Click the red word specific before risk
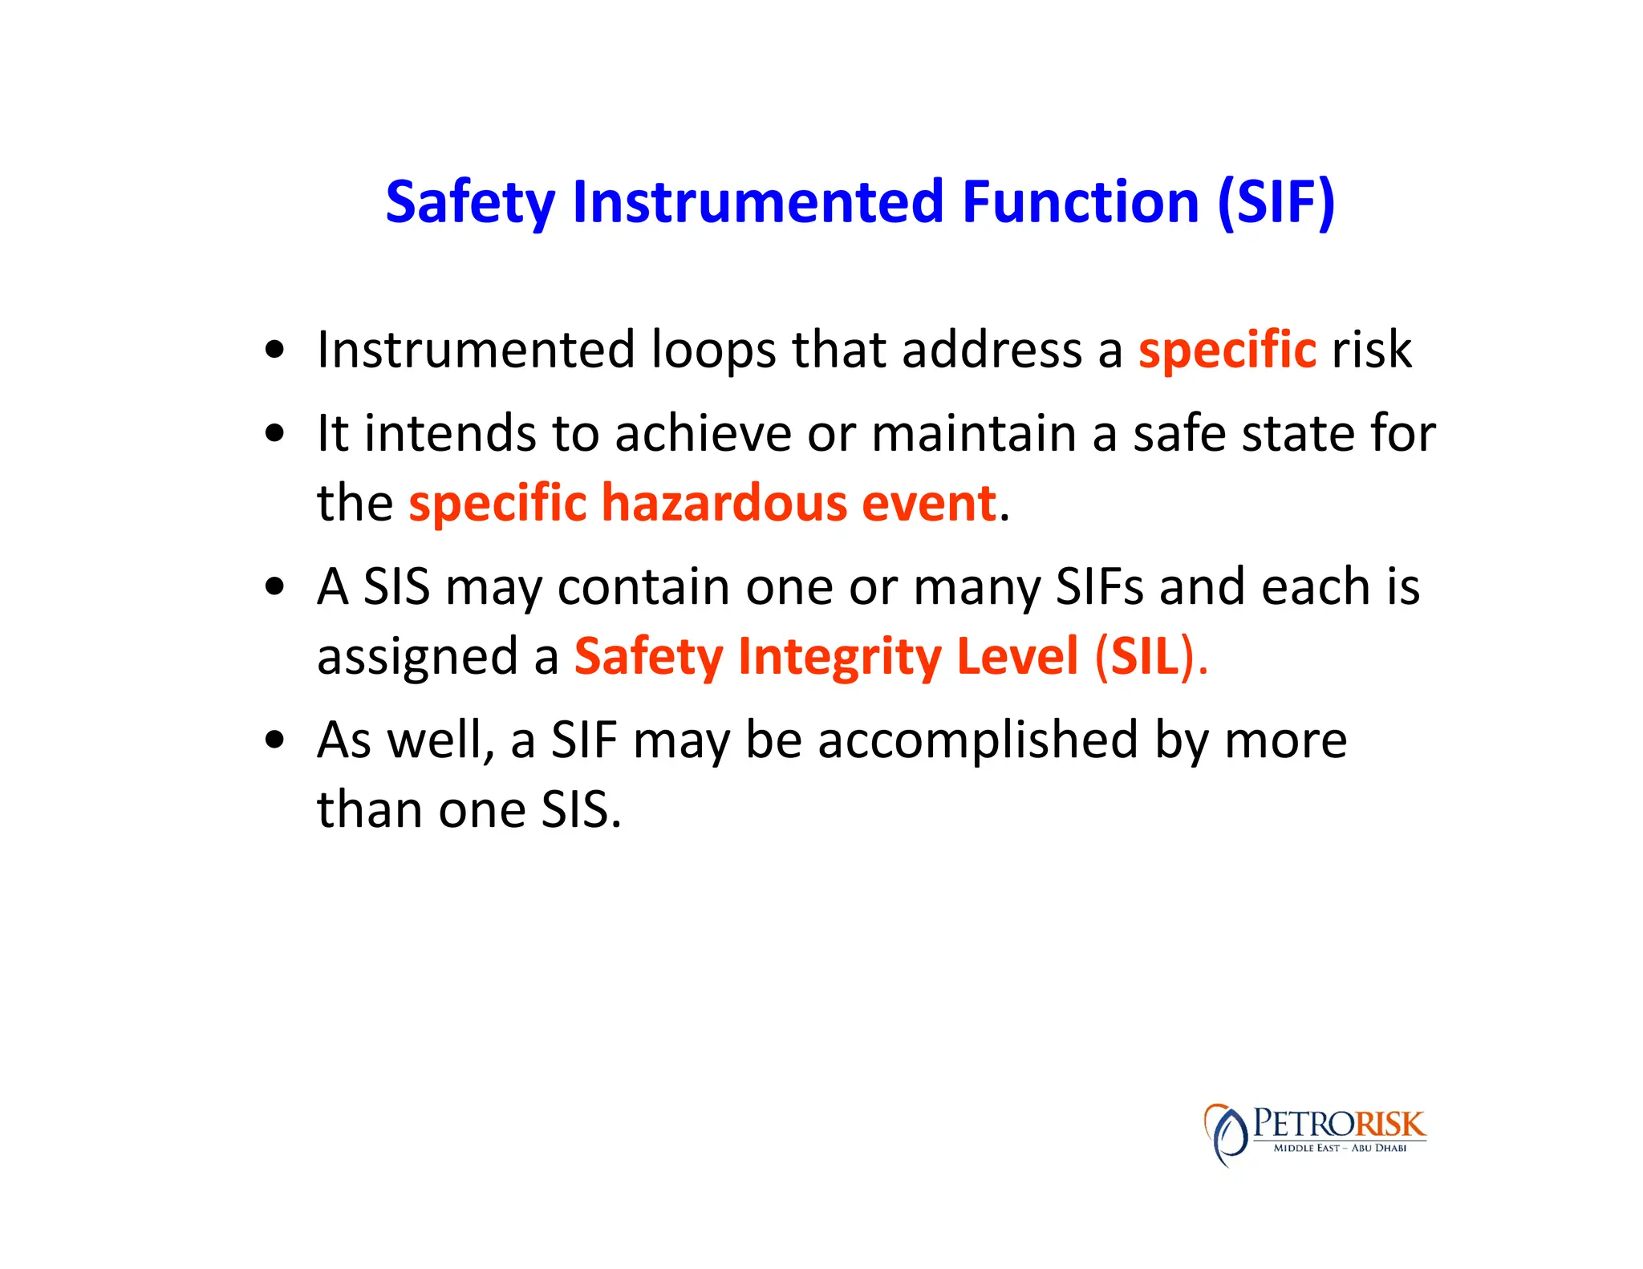[x=1227, y=351]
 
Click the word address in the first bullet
[x=992, y=351]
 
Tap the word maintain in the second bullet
[x=972, y=434]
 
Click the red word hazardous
[x=724, y=504]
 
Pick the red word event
[x=928, y=504]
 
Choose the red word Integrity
[x=839, y=657]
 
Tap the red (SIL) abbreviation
[x=1145, y=657]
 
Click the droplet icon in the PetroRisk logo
[x=1225, y=1133]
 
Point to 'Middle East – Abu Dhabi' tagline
[x=1339, y=1148]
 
